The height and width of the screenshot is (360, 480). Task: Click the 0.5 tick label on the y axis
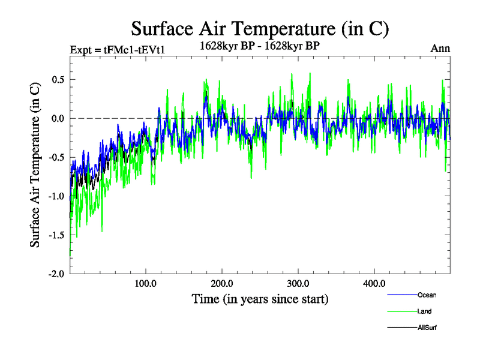58,80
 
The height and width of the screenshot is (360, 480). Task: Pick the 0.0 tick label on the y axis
58,118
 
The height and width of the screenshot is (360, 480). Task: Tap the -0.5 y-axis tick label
56,157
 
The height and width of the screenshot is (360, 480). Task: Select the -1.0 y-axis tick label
56,196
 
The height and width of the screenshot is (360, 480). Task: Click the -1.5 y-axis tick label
56,235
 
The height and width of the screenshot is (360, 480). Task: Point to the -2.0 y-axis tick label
56,274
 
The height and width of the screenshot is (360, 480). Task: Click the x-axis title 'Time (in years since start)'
260,299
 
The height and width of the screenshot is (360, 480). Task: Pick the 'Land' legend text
424,311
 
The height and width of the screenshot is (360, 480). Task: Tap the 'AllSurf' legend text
427,328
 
